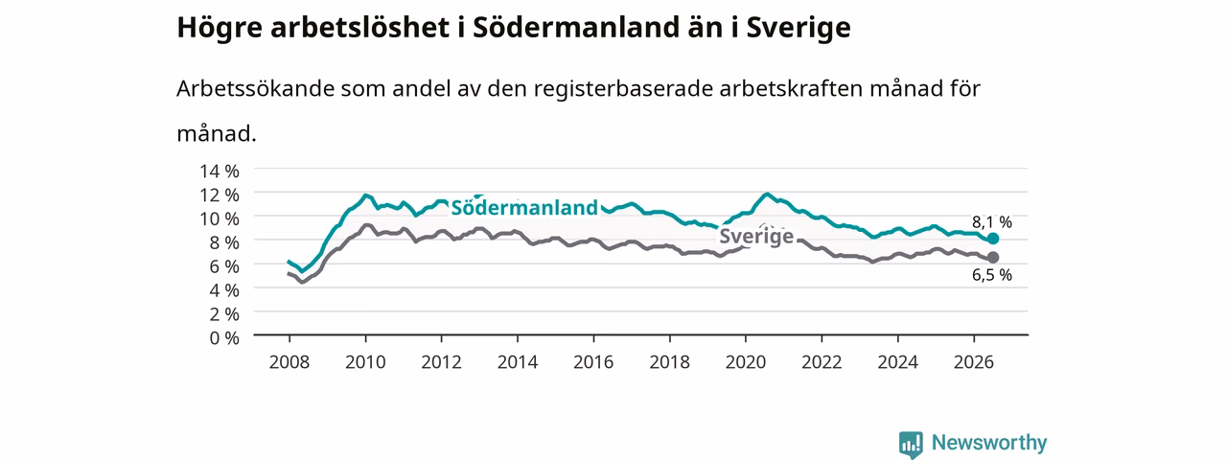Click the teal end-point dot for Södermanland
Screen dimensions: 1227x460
992,239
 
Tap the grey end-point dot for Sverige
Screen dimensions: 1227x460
992,258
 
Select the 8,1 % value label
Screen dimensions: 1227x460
992,222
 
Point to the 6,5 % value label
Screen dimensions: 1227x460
992,275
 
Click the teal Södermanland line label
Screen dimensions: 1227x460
524,208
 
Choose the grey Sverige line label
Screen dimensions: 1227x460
756,237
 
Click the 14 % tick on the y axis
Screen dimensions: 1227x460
220,172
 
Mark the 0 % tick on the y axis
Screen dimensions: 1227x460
224,338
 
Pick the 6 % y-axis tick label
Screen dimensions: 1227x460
224,266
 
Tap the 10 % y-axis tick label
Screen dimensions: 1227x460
220,219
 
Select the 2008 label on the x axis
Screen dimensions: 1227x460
289,362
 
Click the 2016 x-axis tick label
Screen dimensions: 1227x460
593,362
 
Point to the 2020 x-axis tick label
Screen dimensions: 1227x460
746,362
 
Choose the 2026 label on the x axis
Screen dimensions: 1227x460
973,362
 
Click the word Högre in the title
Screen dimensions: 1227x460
220,29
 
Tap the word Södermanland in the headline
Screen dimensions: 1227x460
575,27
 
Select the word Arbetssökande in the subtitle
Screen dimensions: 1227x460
255,88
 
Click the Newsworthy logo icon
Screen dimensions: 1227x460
911,445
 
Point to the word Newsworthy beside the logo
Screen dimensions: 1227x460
989,443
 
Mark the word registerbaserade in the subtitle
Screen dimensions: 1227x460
623,89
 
